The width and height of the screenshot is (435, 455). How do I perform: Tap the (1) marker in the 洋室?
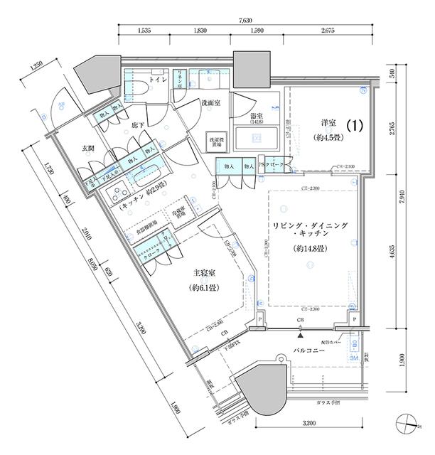point(355,125)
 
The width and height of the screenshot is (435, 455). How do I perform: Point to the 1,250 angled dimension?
point(40,68)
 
